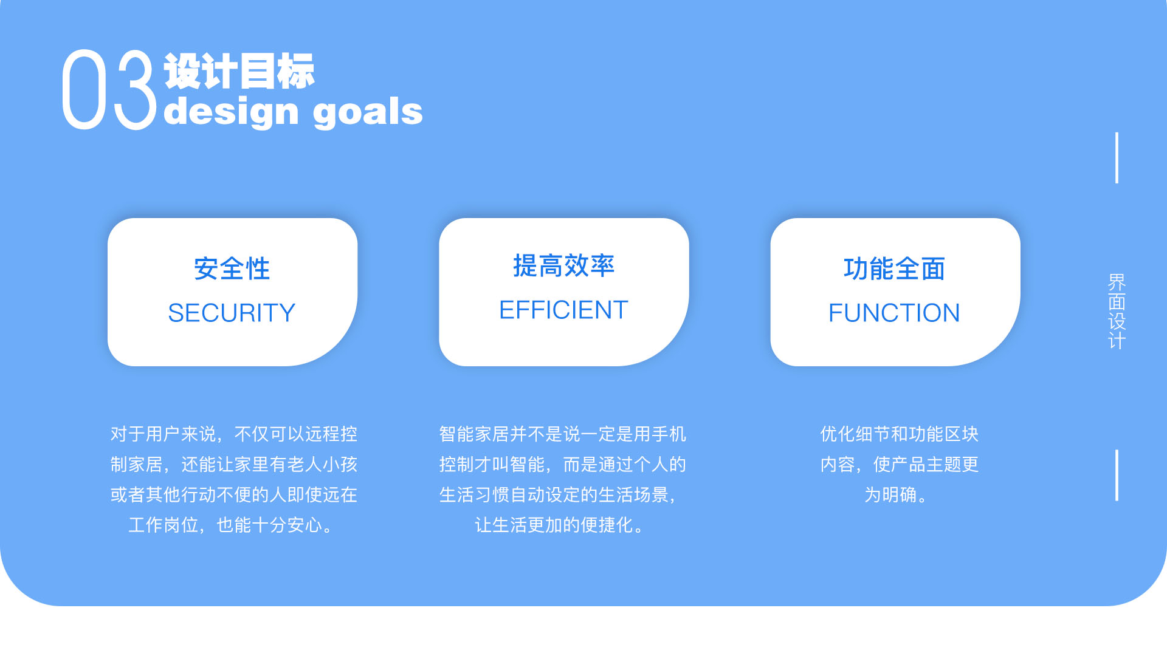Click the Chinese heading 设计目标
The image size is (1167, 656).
pyautogui.click(x=239, y=72)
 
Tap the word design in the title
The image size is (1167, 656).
pyautogui.click(x=231, y=112)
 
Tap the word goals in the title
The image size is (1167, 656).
pyautogui.click(x=368, y=112)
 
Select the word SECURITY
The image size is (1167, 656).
pyautogui.click(x=232, y=313)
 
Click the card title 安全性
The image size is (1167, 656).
pyautogui.click(x=232, y=268)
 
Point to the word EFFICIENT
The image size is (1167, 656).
pyautogui.click(x=563, y=310)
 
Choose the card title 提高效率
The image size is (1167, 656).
pyautogui.click(x=563, y=265)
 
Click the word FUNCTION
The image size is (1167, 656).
pyautogui.click(x=894, y=313)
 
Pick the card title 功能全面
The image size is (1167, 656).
pyautogui.click(x=894, y=268)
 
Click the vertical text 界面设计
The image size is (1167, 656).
pyautogui.click(x=1117, y=311)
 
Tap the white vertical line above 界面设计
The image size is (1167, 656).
pyautogui.click(x=1117, y=158)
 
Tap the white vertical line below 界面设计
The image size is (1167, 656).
pyautogui.click(x=1117, y=475)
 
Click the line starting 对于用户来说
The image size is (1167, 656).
pyautogui.click(x=233, y=434)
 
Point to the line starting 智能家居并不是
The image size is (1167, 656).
pyautogui.click(x=562, y=434)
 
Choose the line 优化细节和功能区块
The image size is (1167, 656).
pyautogui.click(x=899, y=434)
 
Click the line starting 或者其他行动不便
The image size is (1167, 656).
pyautogui.click(x=233, y=494)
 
